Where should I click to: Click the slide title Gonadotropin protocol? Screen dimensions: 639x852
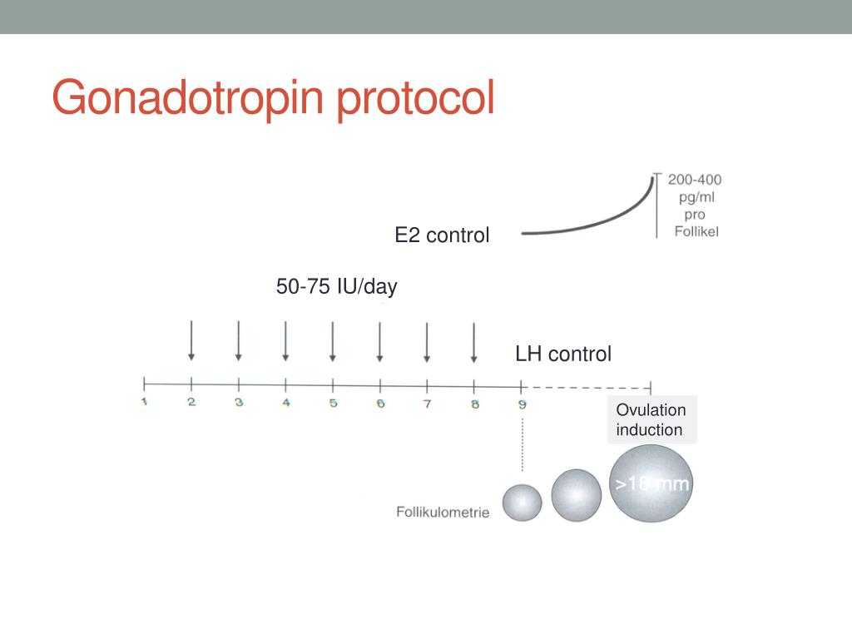click(273, 98)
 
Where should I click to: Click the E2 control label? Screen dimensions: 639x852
click(442, 235)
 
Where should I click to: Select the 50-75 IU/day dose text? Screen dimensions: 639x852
click(337, 287)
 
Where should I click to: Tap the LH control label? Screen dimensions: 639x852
click(562, 354)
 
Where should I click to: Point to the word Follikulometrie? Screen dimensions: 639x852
click(443, 512)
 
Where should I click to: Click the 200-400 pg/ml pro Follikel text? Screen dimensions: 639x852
click(694, 205)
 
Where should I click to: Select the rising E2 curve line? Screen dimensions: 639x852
click(591, 225)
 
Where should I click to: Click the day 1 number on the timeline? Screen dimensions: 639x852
click(144, 404)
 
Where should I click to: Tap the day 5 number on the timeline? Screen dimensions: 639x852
click(333, 404)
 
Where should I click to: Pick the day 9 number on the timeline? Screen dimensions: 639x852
click(522, 404)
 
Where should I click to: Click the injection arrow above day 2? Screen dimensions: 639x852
click(191, 341)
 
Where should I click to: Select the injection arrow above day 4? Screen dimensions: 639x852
click(285, 341)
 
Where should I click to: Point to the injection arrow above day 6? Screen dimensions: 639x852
click(379, 341)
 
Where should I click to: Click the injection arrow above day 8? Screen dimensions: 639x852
click(473, 341)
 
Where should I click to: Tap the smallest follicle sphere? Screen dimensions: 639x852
click(522, 503)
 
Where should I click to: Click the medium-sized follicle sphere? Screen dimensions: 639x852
click(576, 495)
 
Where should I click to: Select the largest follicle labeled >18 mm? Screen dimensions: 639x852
click(651, 484)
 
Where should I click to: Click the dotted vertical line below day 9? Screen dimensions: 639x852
click(522, 445)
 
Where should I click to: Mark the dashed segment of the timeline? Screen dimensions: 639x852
click(587, 387)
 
